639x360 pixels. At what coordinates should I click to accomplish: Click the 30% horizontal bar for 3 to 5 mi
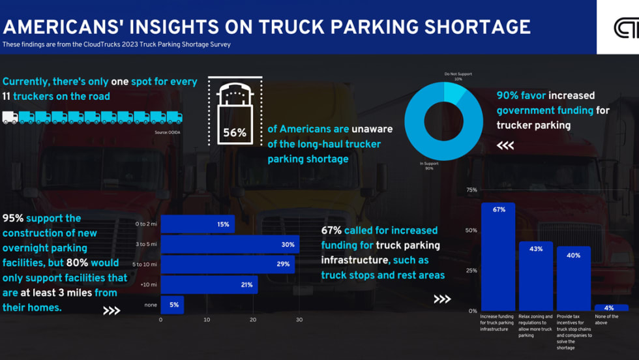(x=230, y=245)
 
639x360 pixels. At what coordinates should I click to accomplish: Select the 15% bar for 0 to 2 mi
(x=197, y=224)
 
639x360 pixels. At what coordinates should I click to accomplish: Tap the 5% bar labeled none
(x=172, y=305)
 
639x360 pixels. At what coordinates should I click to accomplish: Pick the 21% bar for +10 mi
(x=209, y=284)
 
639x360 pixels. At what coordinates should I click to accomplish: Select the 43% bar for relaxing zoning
(x=536, y=276)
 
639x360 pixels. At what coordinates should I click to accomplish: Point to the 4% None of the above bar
(x=611, y=307)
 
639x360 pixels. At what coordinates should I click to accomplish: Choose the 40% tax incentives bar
(x=574, y=278)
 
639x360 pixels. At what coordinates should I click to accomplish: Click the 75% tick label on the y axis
(x=471, y=190)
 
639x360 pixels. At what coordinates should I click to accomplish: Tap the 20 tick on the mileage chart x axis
(x=253, y=320)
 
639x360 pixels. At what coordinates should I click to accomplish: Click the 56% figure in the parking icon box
(x=235, y=132)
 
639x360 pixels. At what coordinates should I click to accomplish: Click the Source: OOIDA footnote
(x=168, y=132)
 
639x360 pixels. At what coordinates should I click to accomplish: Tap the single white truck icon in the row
(x=10, y=117)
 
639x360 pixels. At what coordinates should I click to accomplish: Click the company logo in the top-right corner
(x=625, y=28)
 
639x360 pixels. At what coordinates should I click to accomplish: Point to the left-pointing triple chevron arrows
(x=505, y=145)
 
